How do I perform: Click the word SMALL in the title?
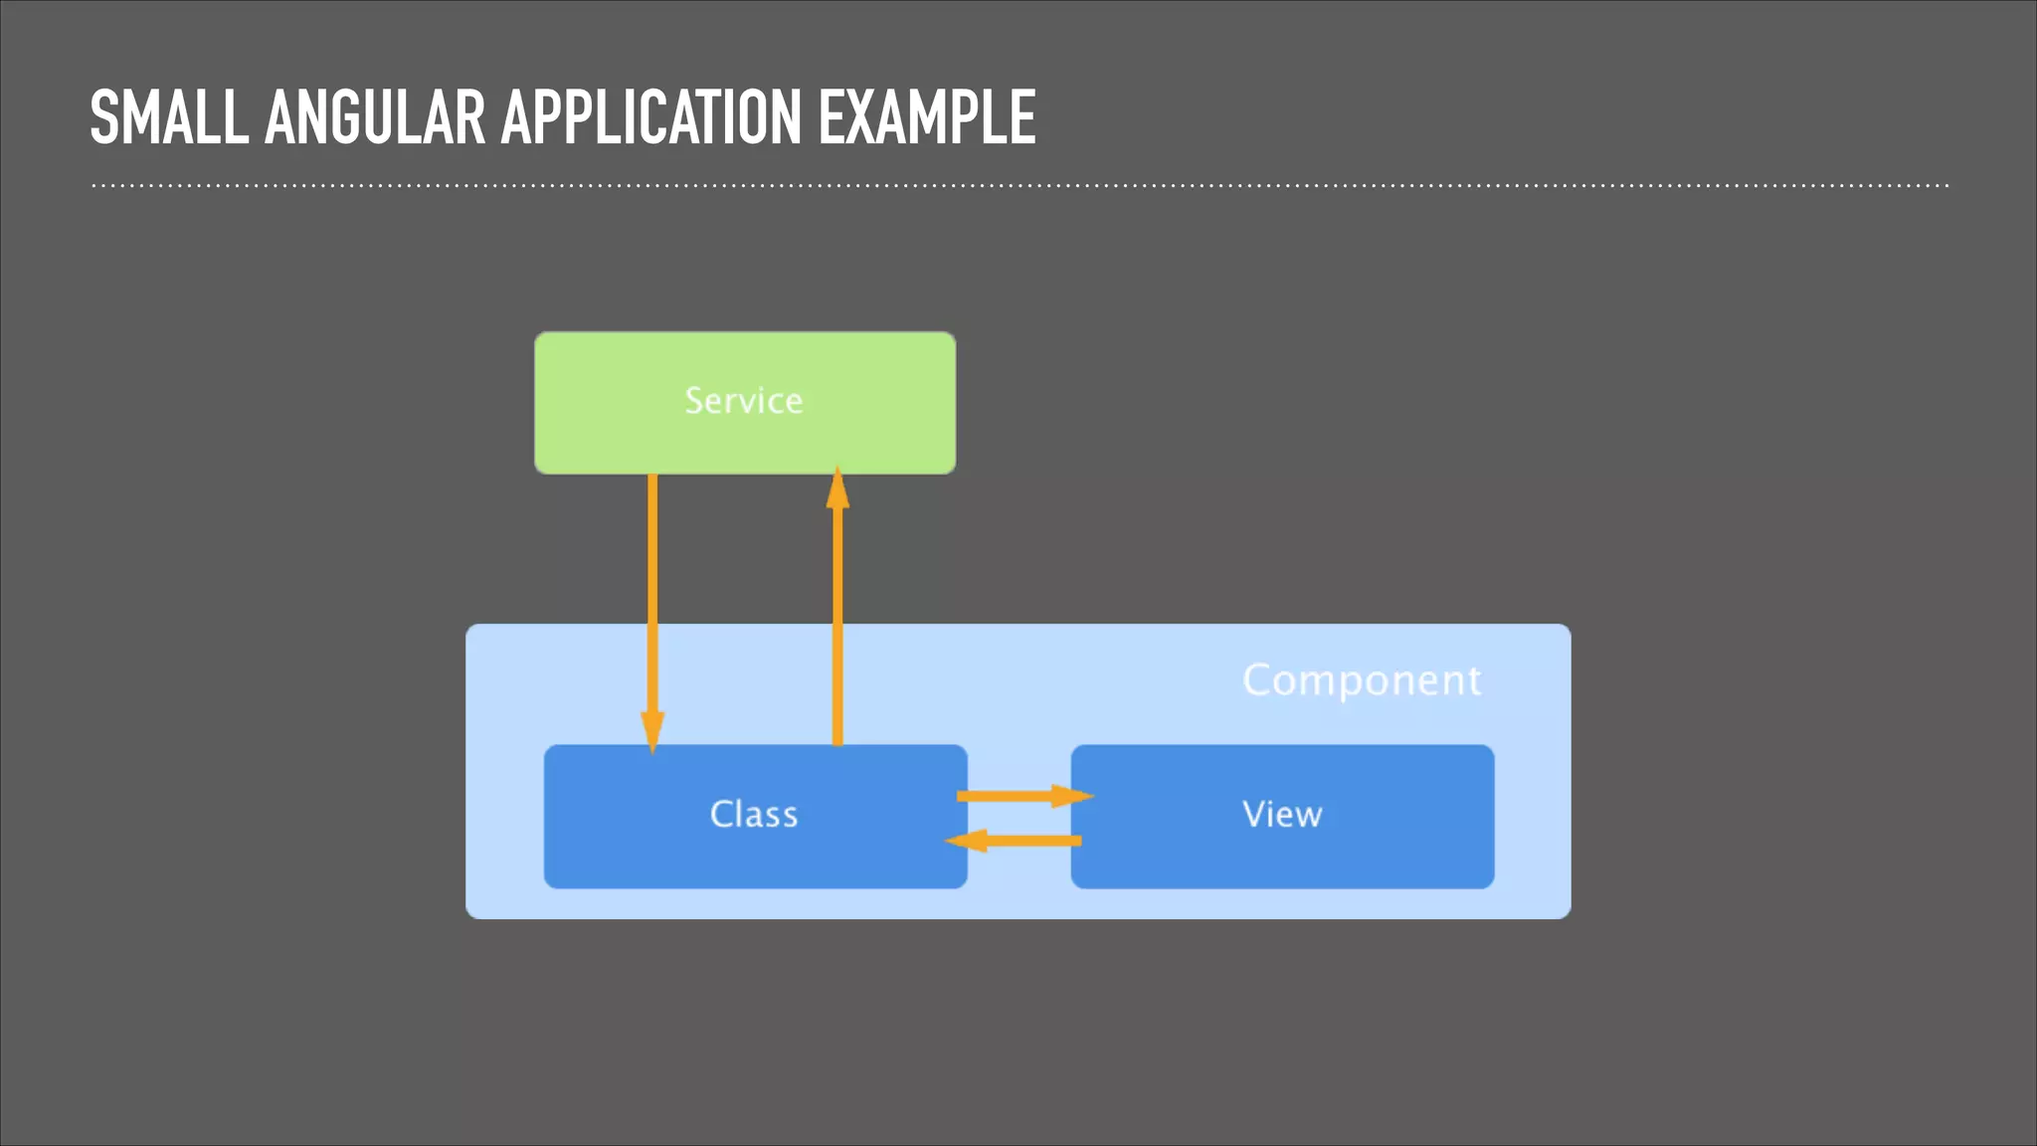[168, 118]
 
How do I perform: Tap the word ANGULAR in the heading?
[374, 118]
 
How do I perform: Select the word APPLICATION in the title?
[650, 118]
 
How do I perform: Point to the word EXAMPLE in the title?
[926, 118]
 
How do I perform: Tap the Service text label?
[744, 401]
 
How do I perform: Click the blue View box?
[1392, 856]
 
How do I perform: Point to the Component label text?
[1362, 680]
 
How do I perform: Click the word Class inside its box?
[754, 815]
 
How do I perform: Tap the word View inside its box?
[1282, 815]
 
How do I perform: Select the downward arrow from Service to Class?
[652, 597]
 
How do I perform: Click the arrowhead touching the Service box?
[837, 489]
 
